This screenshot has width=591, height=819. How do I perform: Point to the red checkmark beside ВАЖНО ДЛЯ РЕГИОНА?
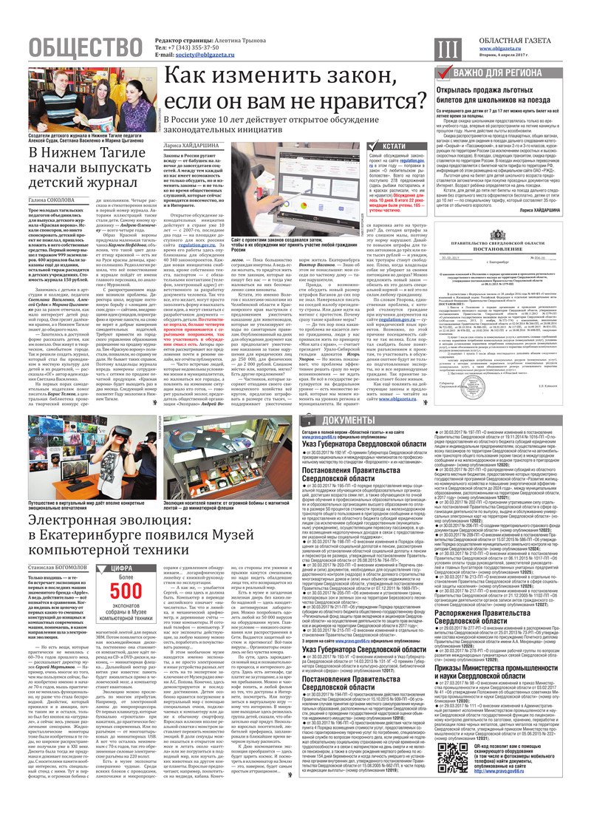[443, 73]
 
